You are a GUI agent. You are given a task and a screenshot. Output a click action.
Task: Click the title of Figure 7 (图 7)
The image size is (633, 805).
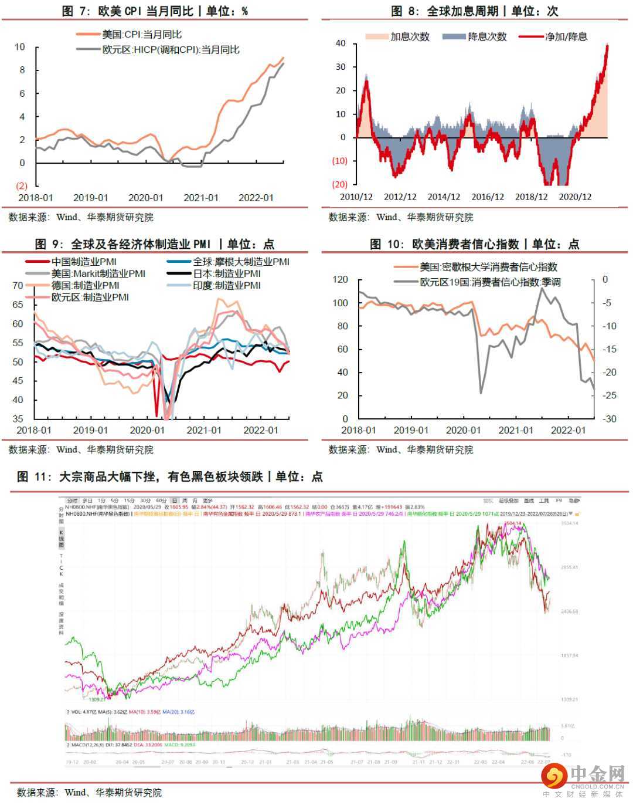[x=155, y=11]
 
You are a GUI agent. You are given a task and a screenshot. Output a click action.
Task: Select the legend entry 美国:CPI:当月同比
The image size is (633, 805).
[x=141, y=35]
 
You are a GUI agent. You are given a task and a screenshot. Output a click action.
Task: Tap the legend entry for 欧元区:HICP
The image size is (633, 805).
[x=171, y=50]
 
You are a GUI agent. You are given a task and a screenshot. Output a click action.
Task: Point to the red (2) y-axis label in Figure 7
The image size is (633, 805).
[x=22, y=186]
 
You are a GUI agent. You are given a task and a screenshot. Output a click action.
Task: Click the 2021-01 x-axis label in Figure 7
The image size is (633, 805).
[x=200, y=198]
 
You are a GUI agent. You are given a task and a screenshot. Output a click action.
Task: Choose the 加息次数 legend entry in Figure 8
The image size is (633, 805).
[x=410, y=36]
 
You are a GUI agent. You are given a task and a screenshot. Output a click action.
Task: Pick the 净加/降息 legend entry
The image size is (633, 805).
[x=566, y=36]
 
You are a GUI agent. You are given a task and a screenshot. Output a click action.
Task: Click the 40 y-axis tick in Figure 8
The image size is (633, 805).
[x=341, y=43]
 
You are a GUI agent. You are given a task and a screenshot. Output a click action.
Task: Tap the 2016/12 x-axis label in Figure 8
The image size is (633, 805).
[x=488, y=197]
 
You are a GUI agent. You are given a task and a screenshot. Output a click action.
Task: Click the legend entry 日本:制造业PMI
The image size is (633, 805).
[x=227, y=273]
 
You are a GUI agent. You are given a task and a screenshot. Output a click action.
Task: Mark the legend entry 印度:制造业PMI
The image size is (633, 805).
[x=227, y=285]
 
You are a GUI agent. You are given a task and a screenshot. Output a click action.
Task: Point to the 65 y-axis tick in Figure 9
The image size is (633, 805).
[x=18, y=305]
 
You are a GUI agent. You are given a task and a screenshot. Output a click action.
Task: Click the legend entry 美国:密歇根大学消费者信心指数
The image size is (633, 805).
[x=488, y=267]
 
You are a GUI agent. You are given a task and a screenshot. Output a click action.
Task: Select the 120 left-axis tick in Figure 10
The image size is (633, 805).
[x=340, y=280]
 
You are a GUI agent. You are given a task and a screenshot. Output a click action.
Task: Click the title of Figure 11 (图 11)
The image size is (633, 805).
[x=170, y=476]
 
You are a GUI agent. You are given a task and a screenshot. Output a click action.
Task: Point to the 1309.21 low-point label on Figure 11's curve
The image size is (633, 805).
[x=97, y=699]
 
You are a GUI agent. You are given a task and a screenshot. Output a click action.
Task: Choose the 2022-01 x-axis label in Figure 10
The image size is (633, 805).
[x=568, y=430]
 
